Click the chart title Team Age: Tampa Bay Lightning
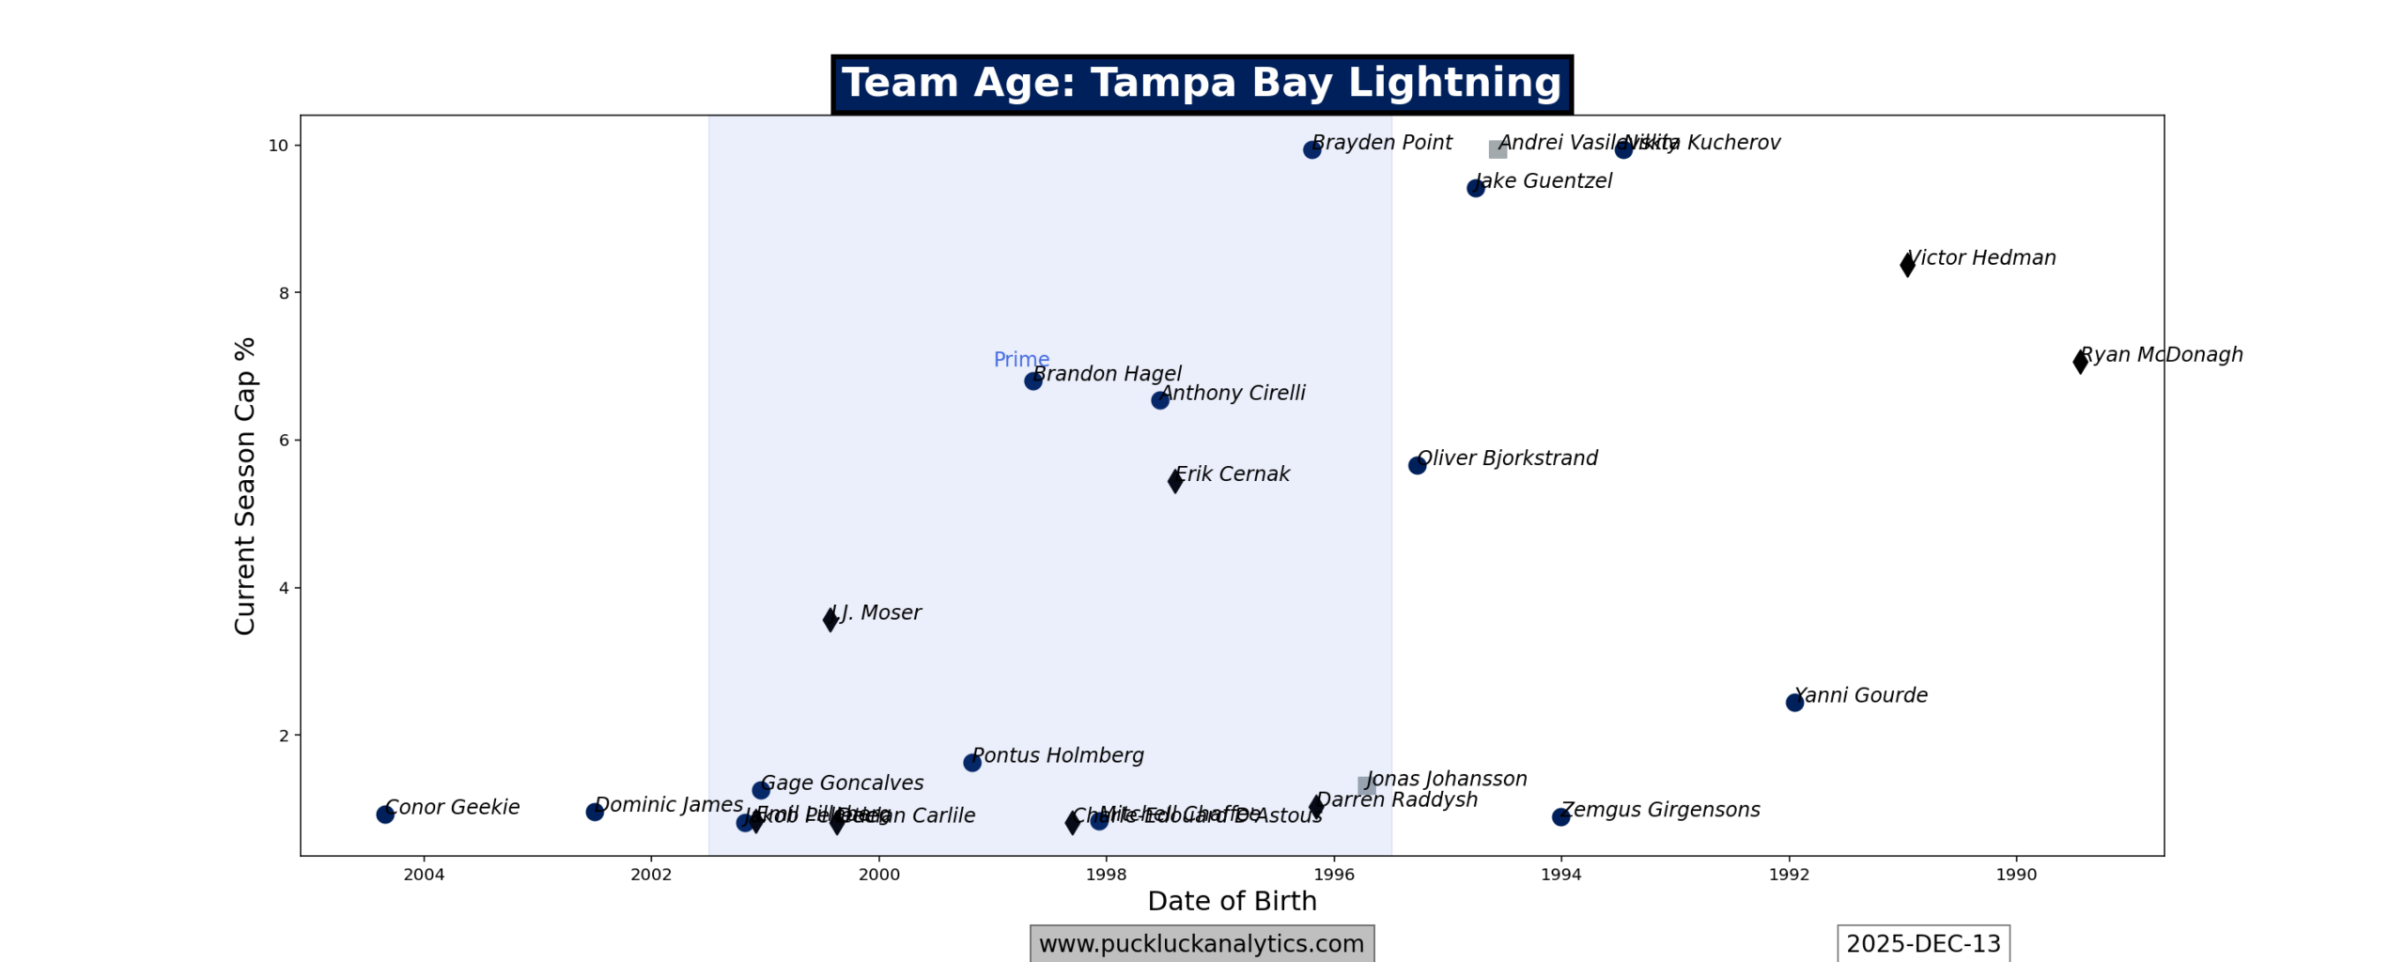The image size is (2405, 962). [x=1201, y=84]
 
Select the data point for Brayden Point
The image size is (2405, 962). [x=1311, y=149]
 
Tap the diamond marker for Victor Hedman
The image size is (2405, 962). [x=1906, y=264]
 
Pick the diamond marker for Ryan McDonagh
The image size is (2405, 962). [x=2080, y=362]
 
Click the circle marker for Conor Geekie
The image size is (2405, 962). [x=384, y=814]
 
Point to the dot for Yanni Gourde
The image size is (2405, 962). [x=1793, y=702]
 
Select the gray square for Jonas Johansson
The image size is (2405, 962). [x=1366, y=785]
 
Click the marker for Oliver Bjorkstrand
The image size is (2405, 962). [x=1417, y=465]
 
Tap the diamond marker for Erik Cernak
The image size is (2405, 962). [x=1174, y=481]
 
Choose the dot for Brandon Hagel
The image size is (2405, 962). [x=1032, y=380]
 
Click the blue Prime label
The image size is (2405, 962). [x=1020, y=359]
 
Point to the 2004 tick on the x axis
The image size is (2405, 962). [x=424, y=875]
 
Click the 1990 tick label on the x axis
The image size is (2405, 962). [x=2015, y=875]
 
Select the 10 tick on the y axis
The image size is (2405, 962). [x=278, y=146]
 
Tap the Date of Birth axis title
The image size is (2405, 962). [x=1232, y=901]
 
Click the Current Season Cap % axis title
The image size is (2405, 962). [x=245, y=486]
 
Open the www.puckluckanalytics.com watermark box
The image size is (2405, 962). [x=1201, y=943]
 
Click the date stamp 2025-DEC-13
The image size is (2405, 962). [x=1922, y=943]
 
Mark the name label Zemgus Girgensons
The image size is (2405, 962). [x=1660, y=810]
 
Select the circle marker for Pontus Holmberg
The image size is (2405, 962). [x=971, y=762]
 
